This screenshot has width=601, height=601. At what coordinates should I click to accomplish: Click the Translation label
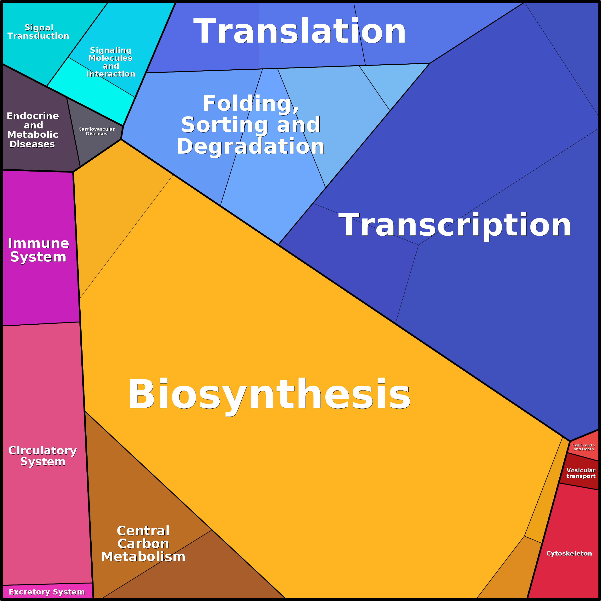pos(300,31)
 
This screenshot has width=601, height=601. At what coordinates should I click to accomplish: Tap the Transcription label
pos(455,225)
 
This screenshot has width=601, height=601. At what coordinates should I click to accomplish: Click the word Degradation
pos(250,146)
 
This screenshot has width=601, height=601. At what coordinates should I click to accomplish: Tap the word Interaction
pos(111,74)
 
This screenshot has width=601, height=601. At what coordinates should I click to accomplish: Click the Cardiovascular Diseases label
pos(96,131)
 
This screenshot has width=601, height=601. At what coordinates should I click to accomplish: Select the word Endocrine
pos(33,116)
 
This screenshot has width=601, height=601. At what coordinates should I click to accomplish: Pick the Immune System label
pos(38,250)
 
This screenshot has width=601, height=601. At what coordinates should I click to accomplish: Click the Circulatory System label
pos(43,456)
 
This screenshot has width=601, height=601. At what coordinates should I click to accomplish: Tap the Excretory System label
pos(47,592)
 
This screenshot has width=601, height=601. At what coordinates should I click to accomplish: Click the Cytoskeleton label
pos(569,553)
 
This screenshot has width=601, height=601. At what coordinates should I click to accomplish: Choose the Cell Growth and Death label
pos(584,447)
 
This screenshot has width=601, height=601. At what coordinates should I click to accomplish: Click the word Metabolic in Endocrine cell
pos(33,134)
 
